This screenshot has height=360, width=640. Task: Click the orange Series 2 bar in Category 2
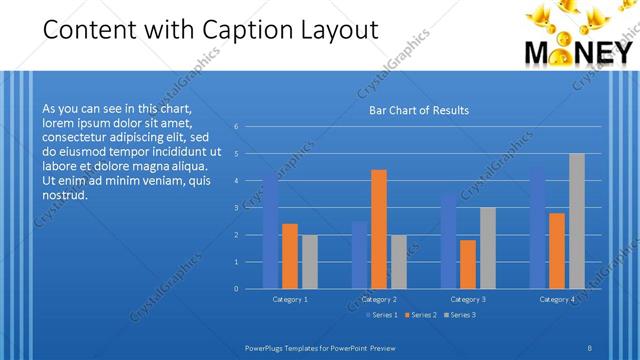click(x=378, y=229)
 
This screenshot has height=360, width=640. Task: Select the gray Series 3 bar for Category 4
click(x=576, y=221)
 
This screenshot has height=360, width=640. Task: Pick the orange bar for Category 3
click(x=468, y=264)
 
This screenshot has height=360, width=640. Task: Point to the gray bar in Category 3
click(x=487, y=248)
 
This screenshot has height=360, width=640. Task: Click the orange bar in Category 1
click(x=289, y=256)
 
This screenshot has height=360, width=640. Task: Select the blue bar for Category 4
click(x=537, y=228)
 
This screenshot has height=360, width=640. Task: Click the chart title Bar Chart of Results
click(x=412, y=110)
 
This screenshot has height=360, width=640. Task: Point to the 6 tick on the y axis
click(x=236, y=127)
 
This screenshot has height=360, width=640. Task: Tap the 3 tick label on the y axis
click(x=236, y=208)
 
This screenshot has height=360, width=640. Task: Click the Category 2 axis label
click(x=379, y=299)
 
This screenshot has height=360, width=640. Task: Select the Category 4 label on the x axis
click(x=557, y=299)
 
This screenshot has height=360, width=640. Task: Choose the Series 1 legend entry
click(x=384, y=315)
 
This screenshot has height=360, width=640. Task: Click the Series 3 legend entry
click(x=460, y=315)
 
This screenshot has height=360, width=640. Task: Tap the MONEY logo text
click(x=580, y=52)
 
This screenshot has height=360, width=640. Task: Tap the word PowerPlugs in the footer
click(x=268, y=346)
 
